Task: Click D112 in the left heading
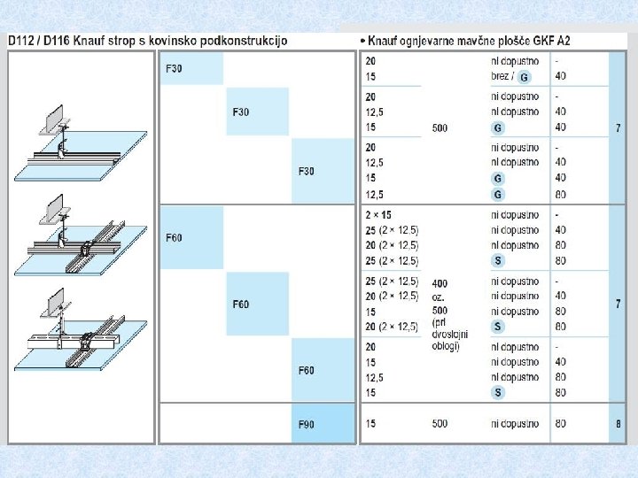[20, 41]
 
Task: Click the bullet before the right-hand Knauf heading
[362, 42]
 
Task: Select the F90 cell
[323, 424]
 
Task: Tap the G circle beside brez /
[524, 77]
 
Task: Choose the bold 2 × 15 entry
[378, 214]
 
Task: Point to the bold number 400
[440, 283]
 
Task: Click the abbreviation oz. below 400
[438, 297]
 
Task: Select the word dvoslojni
[449, 334]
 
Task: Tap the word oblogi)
[446, 346]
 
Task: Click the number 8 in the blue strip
[619, 424]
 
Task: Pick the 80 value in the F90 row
[561, 423]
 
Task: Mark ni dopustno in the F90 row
[515, 424]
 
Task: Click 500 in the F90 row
[440, 423]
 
